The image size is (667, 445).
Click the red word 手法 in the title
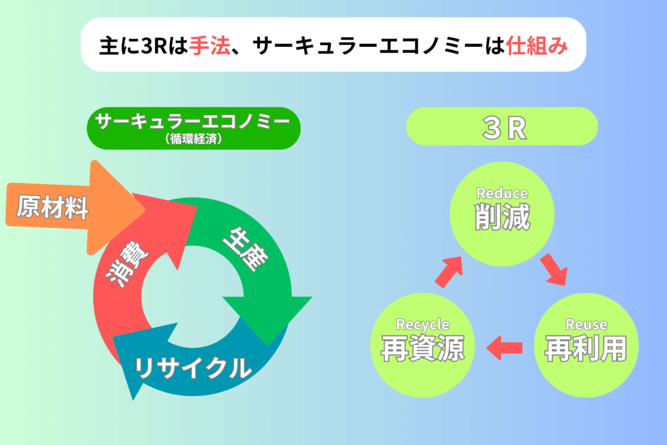(210, 45)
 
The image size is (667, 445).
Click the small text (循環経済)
(193, 138)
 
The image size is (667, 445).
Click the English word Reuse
(586, 324)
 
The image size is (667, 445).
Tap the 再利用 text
(586, 349)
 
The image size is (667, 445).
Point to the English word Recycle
(422, 324)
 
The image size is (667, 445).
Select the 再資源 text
(422, 349)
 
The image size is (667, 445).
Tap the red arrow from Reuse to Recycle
(505, 348)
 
